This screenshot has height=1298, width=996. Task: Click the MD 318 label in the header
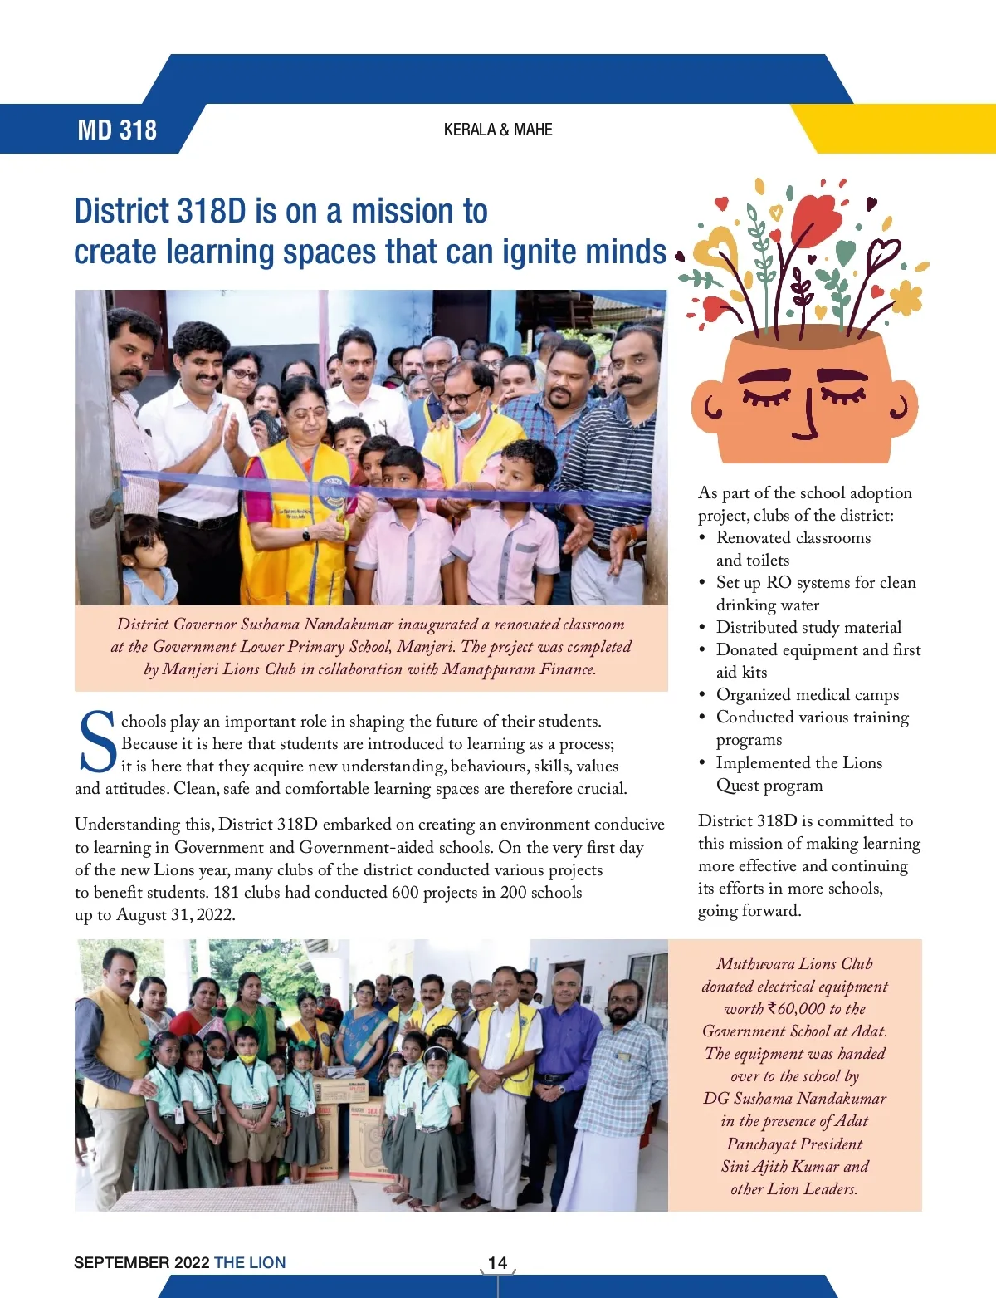coord(117,130)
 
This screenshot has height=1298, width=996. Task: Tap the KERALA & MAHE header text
coord(498,130)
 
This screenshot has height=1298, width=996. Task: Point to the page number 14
coord(497,1262)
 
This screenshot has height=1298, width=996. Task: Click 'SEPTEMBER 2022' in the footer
coord(141,1262)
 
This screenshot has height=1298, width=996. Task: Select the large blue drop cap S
coord(98,742)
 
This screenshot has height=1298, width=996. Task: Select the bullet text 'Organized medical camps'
coord(808,695)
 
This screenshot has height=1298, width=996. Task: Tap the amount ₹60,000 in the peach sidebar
coord(796,1009)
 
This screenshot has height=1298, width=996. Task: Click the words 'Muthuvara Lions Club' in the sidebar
coord(794,964)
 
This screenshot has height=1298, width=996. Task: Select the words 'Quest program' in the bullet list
coord(769,786)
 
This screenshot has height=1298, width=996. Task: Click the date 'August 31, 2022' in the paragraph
coord(175,915)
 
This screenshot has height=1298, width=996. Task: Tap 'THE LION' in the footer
coord(250,1262)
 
